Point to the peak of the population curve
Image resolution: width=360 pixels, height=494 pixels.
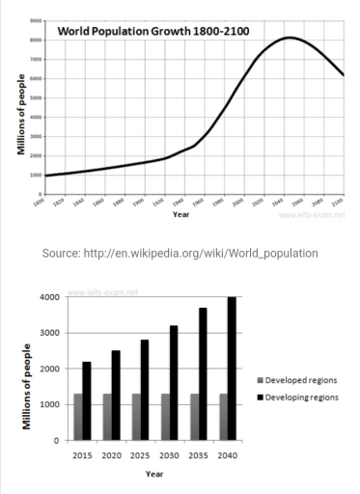290,39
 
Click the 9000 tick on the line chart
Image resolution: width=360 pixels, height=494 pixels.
35,20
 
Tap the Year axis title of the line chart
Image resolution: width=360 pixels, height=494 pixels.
180,213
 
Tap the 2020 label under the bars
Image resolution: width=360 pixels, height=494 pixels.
112,453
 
